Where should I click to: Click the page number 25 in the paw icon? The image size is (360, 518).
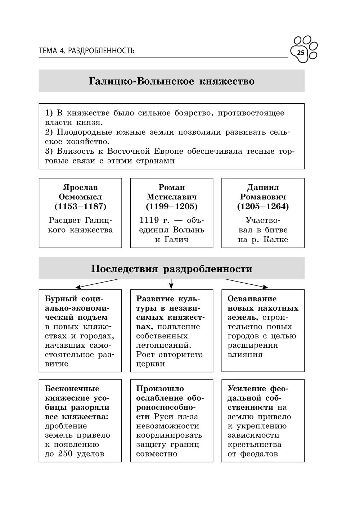pyautogui.click(x=301, y=53)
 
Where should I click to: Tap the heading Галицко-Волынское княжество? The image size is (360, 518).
pyautogui.click(x=171, y=81)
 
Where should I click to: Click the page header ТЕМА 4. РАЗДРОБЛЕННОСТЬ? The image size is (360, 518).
pyautogui.click(x=86, y=51)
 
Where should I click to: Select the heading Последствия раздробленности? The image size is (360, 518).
pyautogui.click(x=171, y=269)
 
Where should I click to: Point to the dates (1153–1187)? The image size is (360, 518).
pyautogui.click(x=80, y=207)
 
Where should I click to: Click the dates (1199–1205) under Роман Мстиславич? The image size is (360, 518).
pyautogui.click(x=171, y=207)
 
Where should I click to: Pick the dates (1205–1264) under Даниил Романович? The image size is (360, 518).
pyautogui.click(x=263, y=207)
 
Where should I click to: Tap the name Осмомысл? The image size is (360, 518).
pyautogui.click(x=80, y=197)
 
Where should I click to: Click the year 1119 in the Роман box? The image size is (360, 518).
pyautogui.click(x=149, y=220)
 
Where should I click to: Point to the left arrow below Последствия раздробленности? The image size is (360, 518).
pyautogui.click(x=77, y=287)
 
